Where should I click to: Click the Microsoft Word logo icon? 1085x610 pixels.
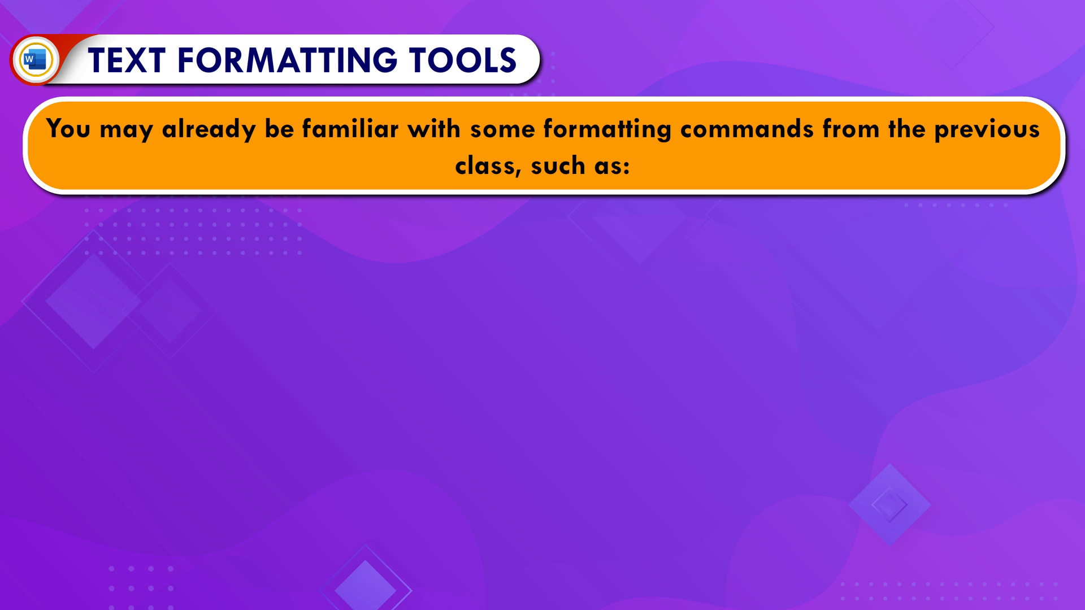coord(35,59)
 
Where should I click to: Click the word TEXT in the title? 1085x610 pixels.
coord(127,60)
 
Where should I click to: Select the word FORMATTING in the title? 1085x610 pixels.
coord(288,60)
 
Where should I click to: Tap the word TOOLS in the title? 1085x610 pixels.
coord(463,60)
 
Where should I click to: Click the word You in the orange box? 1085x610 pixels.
coord(68,129)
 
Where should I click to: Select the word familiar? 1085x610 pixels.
coord(350,128)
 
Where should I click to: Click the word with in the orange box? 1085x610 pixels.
coord(434,128)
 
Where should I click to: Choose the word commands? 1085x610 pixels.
coord(747,129)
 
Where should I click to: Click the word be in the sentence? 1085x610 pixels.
coord(279,129)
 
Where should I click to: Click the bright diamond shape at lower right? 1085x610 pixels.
coord(889,504)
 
